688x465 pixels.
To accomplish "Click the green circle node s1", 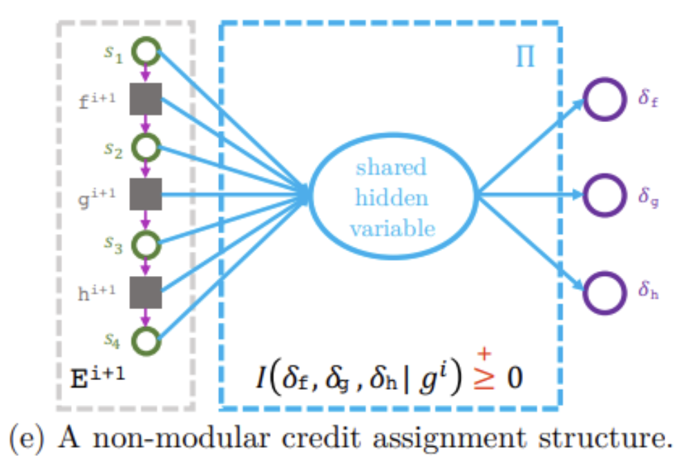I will pyautogui.click(x=146, y=52).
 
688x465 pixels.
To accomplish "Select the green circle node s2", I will pyautogui.click(x=146, y=147).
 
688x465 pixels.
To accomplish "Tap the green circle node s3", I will pyautogui.click(x=146, y=244).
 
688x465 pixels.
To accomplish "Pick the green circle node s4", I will pyautogui.click(x=146, y=340).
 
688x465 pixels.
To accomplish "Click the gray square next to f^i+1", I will pyautogui.click(x=146, y=99).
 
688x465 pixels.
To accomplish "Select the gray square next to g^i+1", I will pyautogui.click(x=146, y=195).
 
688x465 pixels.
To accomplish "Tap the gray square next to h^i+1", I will pyautogui.click(x=146, y=291).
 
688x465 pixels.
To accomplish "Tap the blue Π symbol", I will pyautogui.click(x=526, y=59).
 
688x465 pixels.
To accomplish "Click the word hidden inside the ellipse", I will pyautogui.click(x=392, y=197).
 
